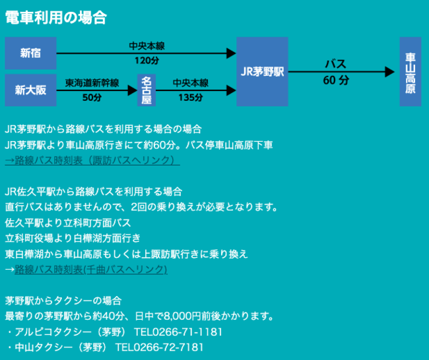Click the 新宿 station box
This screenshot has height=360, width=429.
[30, 53]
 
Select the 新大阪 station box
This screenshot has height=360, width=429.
[30, 90]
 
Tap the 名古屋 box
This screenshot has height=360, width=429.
[146, 90]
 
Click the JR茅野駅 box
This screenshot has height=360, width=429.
[262, 71]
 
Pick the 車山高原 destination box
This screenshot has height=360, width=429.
[410, 71]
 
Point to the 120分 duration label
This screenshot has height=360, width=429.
[147, 61]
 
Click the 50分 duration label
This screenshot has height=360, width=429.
[92, 98]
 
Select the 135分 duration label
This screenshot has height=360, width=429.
[190, 98]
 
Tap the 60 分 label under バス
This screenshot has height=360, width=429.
[336, 80]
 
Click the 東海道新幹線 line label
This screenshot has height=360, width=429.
[92, 83]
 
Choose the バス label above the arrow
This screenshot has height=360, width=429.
[335, 65]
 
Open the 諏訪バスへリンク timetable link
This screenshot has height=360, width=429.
[92, 160]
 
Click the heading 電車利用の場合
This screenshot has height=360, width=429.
[55, 18]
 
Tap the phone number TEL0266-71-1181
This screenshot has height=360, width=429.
[178, 331]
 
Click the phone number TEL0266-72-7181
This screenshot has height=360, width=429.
[159, 347]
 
